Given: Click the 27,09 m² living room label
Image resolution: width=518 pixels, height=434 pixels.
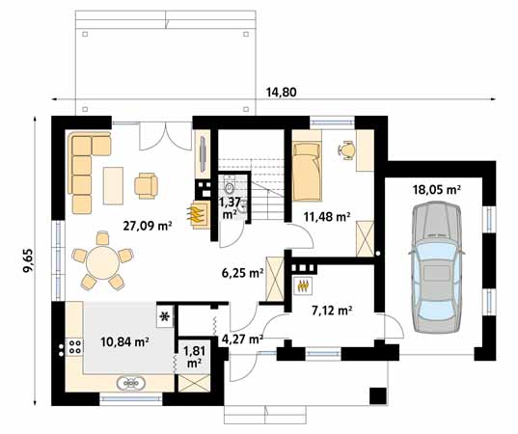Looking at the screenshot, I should (147, 228).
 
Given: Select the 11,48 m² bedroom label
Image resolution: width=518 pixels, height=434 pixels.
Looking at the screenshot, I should (324, 216).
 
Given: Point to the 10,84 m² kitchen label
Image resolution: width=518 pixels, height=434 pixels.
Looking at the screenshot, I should (124, 341).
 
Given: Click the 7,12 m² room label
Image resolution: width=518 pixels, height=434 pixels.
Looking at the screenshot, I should (331, 311).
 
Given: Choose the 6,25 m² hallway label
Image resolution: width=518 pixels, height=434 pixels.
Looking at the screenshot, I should (242, 273).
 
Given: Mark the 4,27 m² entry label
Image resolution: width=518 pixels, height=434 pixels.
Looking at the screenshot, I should (241, 339).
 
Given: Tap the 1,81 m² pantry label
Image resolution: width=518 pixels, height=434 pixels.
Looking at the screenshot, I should (194, 357).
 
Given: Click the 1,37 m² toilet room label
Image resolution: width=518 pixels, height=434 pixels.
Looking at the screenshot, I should (230, 207).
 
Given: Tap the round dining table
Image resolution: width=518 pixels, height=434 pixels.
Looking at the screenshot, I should (101, 261).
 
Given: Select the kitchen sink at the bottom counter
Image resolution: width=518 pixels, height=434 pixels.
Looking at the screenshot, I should (133, 384).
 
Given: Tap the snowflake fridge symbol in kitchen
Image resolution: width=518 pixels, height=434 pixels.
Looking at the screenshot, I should (164, 315).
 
